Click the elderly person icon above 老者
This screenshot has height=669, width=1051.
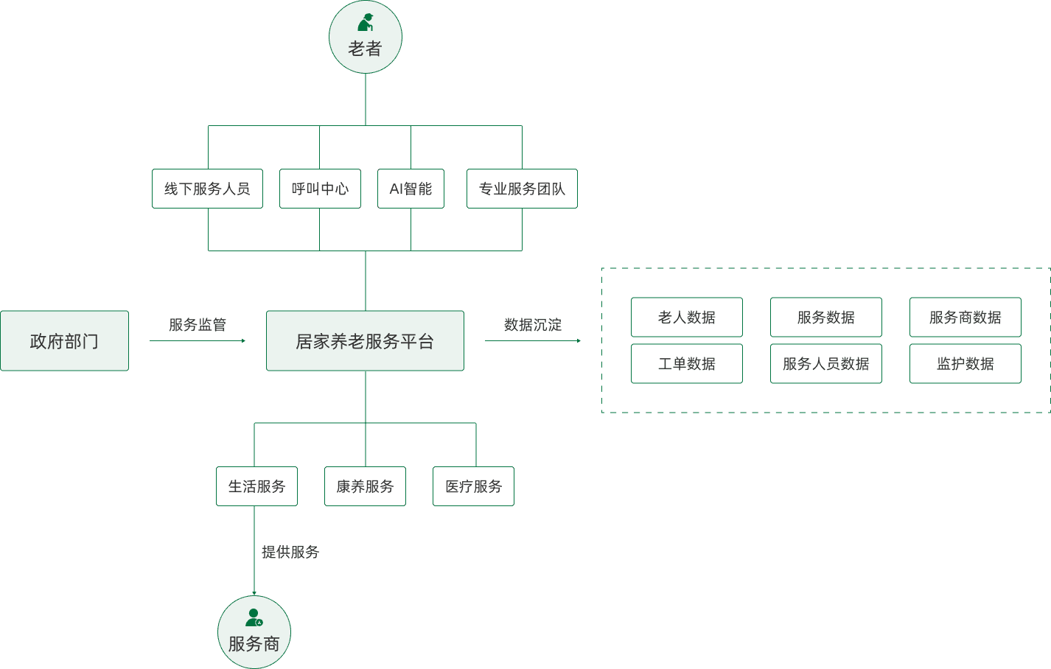pos(366,22)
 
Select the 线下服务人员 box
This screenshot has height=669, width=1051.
pos(207,189)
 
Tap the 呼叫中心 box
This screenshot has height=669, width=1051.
pos(320,189)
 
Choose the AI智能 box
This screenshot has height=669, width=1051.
pos(411,189)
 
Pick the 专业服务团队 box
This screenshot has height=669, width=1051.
pos(522,189)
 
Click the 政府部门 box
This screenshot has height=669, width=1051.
pos(64,340)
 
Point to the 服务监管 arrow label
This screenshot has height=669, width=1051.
pos(198,325)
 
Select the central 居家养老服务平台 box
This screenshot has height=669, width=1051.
pos(365,340)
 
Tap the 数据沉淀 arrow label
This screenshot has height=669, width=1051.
pos(533,325)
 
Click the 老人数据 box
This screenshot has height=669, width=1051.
pos(687,317)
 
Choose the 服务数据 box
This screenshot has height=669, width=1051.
pos(825,317)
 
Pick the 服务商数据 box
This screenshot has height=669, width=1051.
pos(966,317)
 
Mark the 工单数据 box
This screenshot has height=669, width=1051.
pos(687,363)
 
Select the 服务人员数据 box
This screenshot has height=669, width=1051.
pos(825,363)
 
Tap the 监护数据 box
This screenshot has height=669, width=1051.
pos(966,363)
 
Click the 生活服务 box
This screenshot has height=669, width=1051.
pos(256,486)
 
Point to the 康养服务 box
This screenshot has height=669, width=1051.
pos(365,486)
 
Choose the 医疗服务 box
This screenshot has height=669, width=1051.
pos(473,486)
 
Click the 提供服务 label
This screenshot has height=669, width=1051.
pos(290,552)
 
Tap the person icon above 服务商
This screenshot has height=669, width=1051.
pos(254,617)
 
